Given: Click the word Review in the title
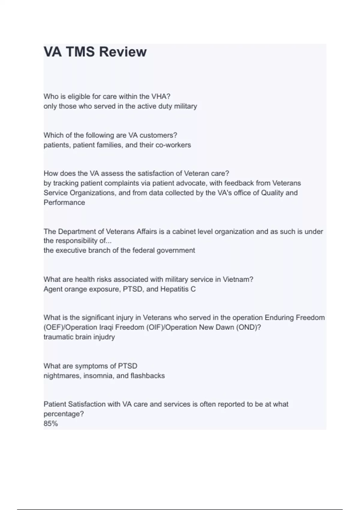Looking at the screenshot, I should pyautogui.click(x=123, y=52).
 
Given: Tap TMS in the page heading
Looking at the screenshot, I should pyautogui.click(x=80, y=52).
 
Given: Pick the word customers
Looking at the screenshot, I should pyautogui.click(x=158, y=135).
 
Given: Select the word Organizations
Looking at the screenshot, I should pyautogui.click(x=92, y=193).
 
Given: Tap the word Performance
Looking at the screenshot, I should pyautogui.click(x=64, y=202).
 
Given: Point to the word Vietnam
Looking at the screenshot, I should pyautogui.click(x=238, y=280).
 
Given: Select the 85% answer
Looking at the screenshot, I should pyautogui.click(x=51, y=424).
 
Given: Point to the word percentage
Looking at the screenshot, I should pyautogui.click(x=64, y=414).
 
